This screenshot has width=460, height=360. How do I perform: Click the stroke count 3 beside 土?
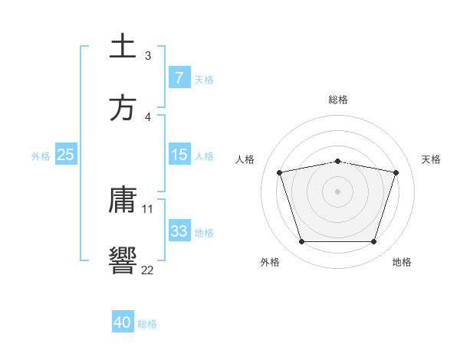pos(147,56)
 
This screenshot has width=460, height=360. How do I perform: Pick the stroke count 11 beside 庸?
pos(148,208)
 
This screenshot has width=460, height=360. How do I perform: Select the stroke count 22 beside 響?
pos(148,270)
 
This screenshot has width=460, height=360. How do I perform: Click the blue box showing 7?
pos(179,77)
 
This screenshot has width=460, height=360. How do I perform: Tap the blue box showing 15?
pos(179,155)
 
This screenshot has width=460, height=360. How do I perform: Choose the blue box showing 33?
pos(179,231)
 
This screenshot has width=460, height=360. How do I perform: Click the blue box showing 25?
pos(65,155)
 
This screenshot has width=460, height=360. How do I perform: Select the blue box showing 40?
pos(123,322)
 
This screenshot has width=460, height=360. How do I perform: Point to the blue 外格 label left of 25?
pos(41,155)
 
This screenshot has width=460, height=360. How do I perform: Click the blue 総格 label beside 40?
pos(148,323)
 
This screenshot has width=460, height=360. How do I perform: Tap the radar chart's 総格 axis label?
pos(338,100)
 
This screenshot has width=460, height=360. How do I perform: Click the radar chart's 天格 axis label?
pos(432,159)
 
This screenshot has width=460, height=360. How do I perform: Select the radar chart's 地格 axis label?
pos(402,262)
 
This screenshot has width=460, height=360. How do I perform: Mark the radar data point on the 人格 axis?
pos(280,172)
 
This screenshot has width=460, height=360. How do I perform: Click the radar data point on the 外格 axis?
pos(301,242)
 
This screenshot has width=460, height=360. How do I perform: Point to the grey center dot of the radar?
pos(338,191)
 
